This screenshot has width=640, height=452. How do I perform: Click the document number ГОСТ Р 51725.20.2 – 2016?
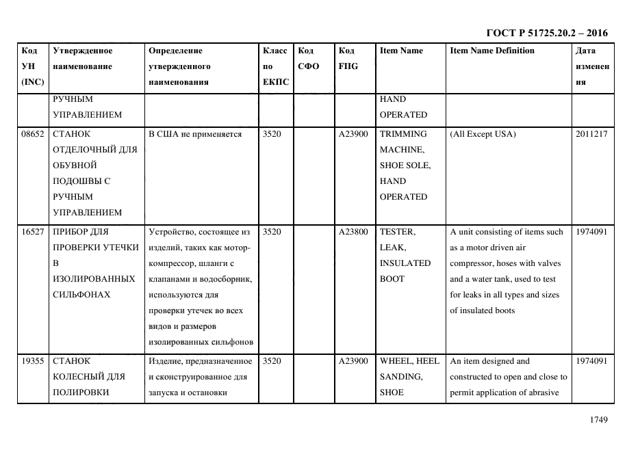point(546,33)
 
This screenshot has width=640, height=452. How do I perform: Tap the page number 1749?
point(599,421)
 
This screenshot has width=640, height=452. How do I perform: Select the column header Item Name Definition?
point(491,51)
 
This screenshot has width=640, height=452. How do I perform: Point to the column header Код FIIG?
point(348,58)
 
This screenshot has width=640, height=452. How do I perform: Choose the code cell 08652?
point(33,134)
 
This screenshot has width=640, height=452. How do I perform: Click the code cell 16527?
point(33,232)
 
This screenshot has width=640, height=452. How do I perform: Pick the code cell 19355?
point(33,361)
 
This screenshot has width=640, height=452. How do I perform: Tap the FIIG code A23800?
point(354,232)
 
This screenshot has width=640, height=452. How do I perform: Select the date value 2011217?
point(591,134)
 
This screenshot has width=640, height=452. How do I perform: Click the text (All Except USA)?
point(483,134)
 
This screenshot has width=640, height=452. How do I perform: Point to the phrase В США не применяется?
point(195,134)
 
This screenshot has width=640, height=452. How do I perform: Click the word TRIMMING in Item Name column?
point(403,134)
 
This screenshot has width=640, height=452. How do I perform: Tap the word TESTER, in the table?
point(398,232)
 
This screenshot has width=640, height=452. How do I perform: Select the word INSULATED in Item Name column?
point(405,263)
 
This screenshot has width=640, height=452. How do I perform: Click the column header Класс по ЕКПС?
point(275,66)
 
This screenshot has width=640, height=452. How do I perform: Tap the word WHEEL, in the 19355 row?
point(396,361)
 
